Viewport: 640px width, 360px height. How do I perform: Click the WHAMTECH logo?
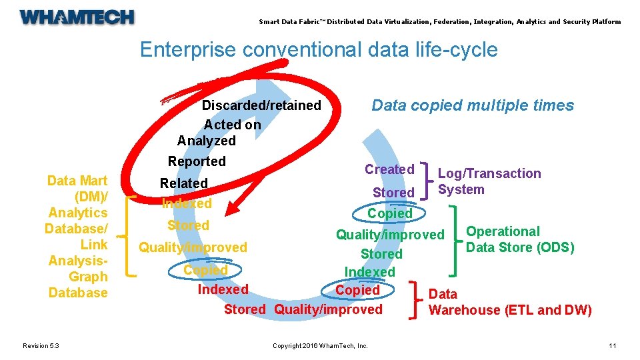77,17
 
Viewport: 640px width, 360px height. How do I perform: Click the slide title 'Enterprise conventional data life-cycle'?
319,50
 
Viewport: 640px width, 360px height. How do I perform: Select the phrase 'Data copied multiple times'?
473,105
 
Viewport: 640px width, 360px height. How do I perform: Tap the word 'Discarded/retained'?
261,106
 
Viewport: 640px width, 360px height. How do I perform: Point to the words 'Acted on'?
232,125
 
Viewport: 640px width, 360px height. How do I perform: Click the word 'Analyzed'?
207,141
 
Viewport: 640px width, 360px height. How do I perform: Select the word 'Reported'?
197,161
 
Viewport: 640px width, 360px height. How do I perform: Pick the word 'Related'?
184,183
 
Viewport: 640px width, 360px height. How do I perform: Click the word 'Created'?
389,169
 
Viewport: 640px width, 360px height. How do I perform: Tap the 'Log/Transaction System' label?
489,181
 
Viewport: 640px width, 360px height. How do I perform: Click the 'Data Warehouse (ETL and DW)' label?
509,302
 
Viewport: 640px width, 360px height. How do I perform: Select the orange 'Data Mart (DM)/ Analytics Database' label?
77,237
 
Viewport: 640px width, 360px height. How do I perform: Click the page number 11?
613,345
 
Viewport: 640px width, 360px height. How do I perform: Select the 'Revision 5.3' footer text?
41,345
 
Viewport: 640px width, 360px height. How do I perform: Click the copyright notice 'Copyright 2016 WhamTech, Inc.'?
320,345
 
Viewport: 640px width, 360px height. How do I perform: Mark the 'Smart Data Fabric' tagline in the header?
439,22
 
